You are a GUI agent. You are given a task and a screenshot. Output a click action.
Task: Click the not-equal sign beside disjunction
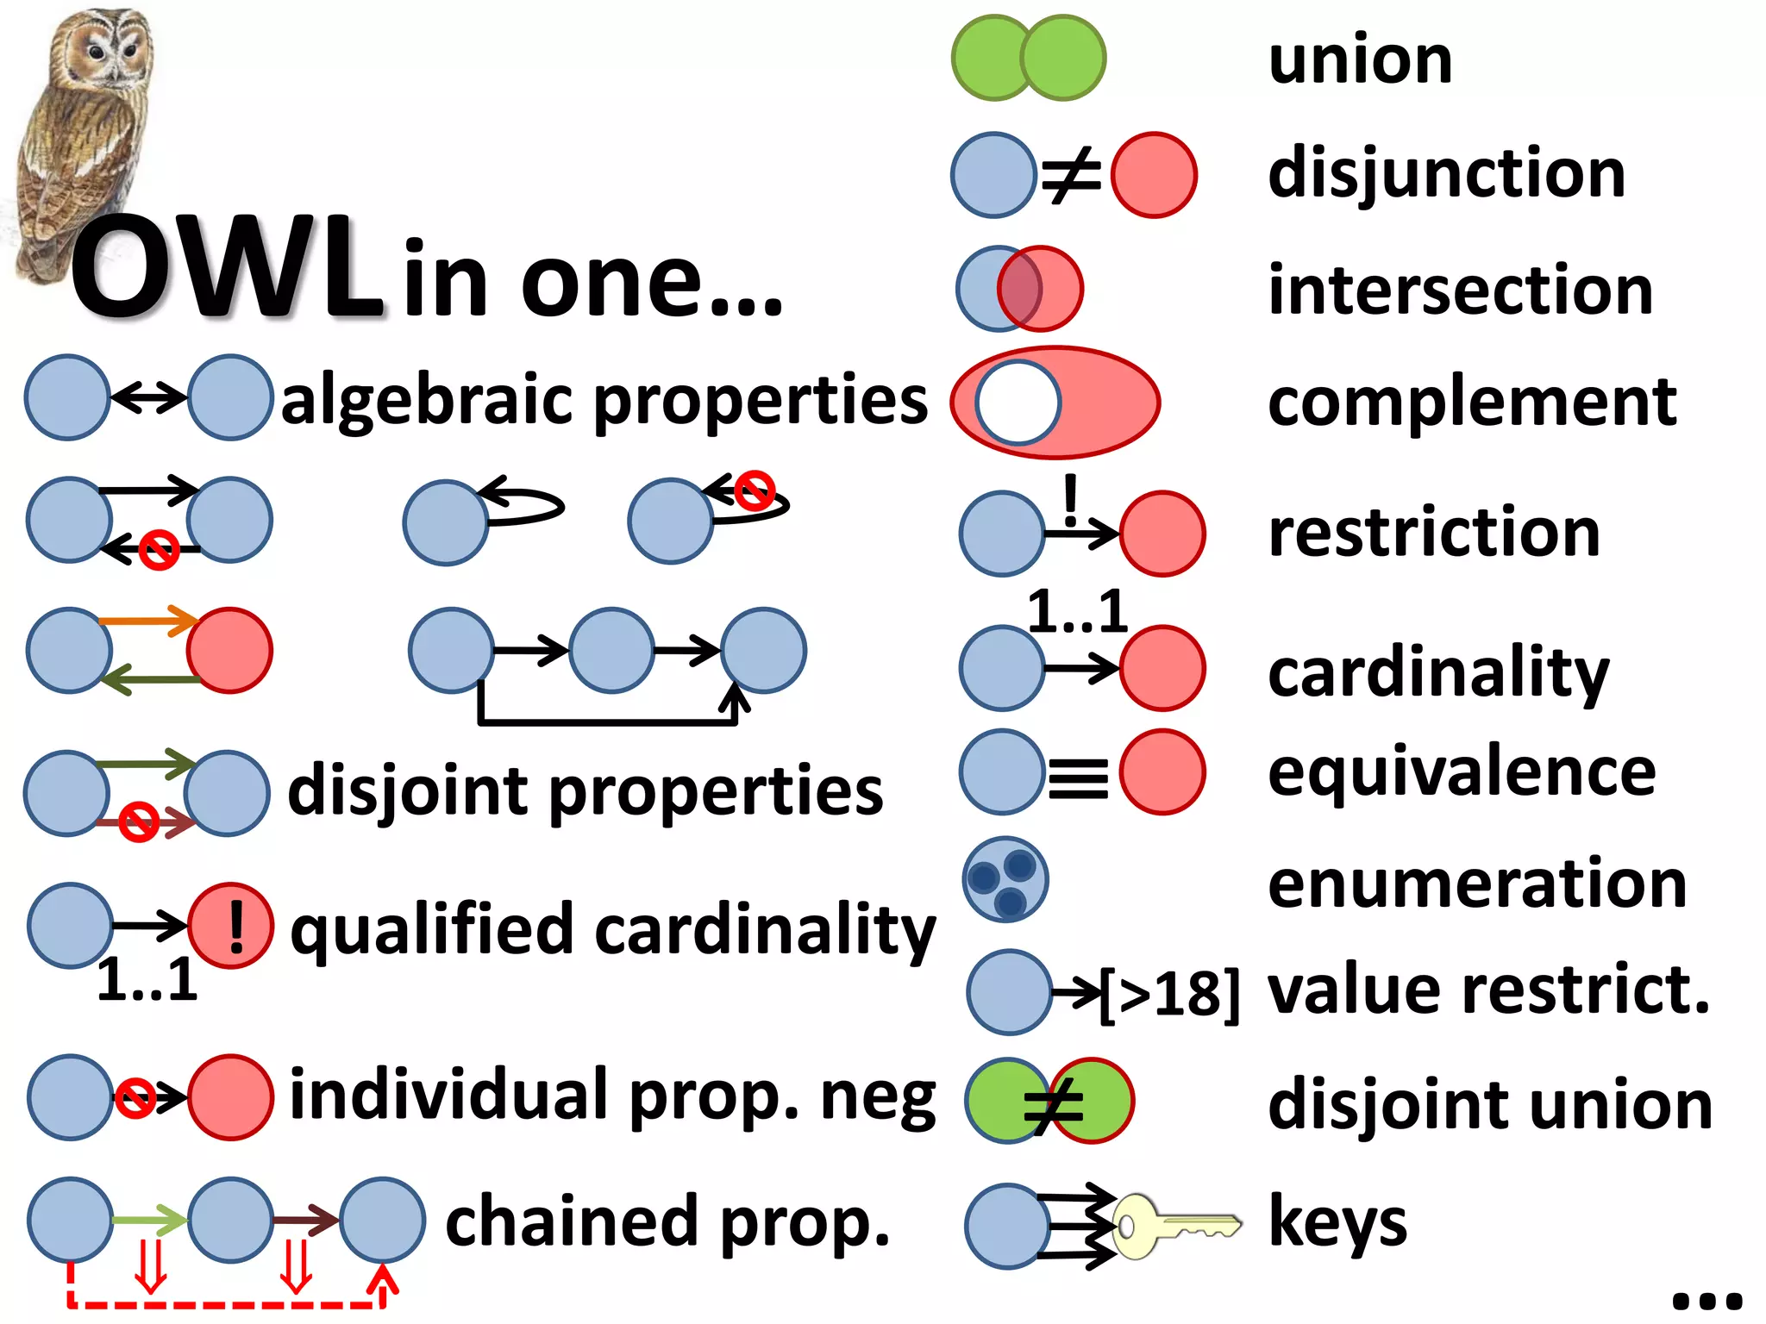[1072, 175]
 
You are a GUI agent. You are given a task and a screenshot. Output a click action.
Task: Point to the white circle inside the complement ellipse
[1018, 403]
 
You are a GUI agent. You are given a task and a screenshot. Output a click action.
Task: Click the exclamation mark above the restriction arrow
[1070, 500]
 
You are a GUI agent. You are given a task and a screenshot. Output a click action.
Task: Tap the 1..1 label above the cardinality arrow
[1078, 612]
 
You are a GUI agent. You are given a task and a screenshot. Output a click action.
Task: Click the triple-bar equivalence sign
[1078, 778]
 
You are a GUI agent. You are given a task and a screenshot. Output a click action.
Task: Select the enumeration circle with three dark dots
[1005, 879]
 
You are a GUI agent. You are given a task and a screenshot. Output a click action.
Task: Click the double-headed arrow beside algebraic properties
[149, 397]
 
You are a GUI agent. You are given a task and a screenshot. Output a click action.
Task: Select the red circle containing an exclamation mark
[231, 926]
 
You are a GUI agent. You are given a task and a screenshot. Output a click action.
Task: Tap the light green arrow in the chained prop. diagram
[149, 1220]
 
